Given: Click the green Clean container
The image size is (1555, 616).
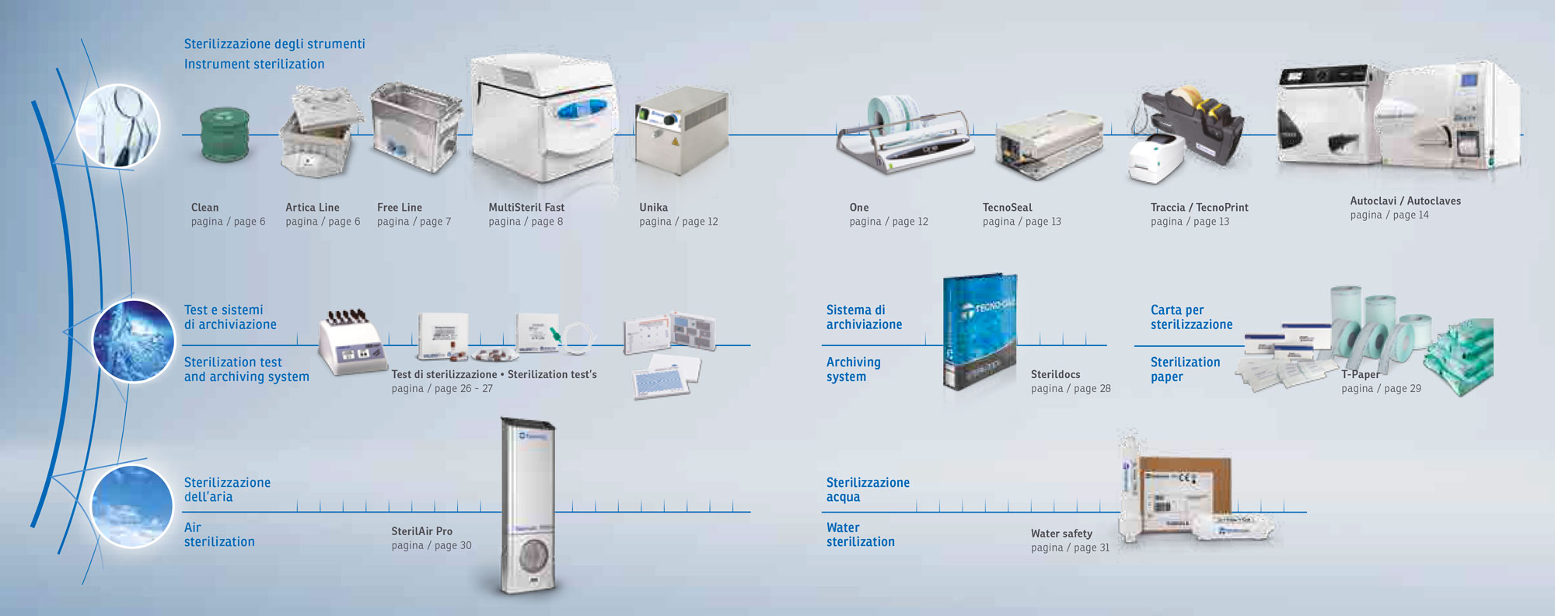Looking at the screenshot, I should (225, 135).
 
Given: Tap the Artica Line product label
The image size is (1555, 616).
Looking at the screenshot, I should (312, 208).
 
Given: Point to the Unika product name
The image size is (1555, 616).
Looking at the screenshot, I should (653, 208).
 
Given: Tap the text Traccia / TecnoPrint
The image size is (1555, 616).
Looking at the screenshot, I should (1199, 208).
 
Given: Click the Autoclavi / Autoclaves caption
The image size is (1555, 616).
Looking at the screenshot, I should (1405, 201).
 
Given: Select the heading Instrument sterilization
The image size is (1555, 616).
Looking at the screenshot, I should (254, 65).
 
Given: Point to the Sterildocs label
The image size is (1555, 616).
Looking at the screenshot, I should (1055, 375).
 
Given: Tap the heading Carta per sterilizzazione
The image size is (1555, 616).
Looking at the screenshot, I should (1191, 317).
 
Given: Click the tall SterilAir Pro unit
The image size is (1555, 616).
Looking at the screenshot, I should (529, 506).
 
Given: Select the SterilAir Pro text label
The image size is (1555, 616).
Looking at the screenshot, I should (421, 531).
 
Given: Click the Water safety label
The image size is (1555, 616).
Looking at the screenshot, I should (1061, 534).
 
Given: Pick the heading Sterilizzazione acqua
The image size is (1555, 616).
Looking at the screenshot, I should (868, 490).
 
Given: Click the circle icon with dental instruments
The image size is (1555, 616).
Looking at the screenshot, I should (118, 125).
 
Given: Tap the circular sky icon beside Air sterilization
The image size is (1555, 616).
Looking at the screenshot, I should (131, 506).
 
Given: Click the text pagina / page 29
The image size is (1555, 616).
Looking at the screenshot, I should (1381, 389).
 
